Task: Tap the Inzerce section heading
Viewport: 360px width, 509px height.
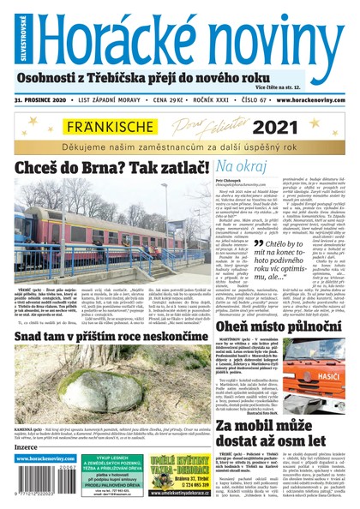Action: click(27, 447)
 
